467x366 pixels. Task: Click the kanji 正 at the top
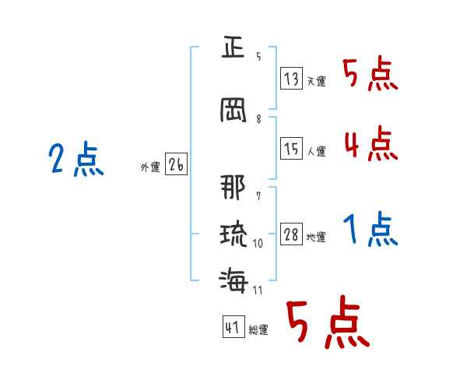[233, 47]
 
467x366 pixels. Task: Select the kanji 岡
[233, 111]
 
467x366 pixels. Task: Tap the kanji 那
[233, 187]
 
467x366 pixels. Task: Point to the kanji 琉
[233, 234]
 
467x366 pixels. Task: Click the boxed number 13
[291, 78]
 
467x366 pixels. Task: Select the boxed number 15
[291, 148]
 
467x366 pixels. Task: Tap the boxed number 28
[291, 234]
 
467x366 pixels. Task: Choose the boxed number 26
[176, 164]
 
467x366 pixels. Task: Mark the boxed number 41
[233, 326]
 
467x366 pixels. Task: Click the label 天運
[316, 81]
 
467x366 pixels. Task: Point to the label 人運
[316, 151]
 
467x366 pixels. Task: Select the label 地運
[316, 237]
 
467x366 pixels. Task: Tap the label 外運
[150, 167]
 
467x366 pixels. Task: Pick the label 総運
[258, 329]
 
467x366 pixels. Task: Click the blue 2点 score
[76, 159]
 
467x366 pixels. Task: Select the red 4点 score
[371, 143]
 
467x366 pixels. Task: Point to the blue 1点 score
[370, 229]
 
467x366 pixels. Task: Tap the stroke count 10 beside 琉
[258, 244]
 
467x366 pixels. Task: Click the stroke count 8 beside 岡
[258, 119]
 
